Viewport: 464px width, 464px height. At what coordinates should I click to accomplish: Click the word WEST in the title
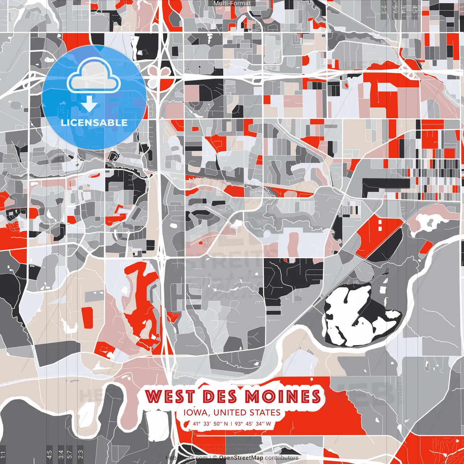pos(170,397)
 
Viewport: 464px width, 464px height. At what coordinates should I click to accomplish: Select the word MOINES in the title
pos(283,397)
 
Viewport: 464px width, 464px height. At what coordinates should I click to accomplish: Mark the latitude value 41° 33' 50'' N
pos(211,423)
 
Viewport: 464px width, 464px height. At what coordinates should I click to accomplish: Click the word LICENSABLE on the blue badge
pos(94,123)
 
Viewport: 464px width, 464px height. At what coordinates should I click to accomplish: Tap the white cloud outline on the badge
pos(94,76)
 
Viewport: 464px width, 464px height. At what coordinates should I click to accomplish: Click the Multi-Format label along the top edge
pos(232,3)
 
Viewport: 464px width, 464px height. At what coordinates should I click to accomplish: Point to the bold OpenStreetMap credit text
pos(241,458)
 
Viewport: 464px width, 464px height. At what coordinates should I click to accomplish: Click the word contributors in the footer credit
pos(282,458)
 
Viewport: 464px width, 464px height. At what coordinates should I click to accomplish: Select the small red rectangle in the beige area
pos(87,317)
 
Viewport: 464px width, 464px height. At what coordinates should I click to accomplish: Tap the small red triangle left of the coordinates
pos(174,318)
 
